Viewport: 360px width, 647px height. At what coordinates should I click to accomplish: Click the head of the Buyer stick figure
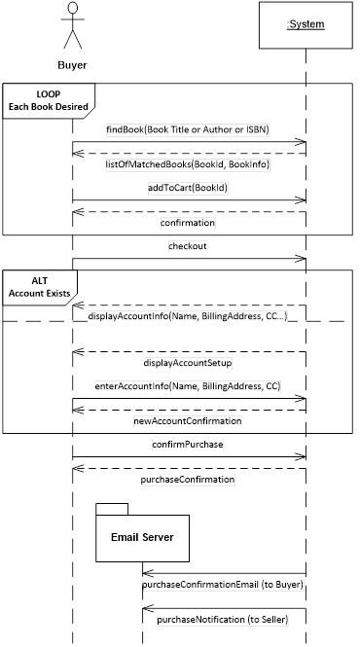click(72, 9)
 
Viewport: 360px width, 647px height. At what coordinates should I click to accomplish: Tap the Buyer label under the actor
click(71, 65)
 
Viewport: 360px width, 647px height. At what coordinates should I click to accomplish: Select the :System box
click(306, 24)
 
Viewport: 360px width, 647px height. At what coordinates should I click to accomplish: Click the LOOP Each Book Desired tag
click(48, 99)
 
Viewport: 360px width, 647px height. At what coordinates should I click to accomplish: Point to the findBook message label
click(188, 128)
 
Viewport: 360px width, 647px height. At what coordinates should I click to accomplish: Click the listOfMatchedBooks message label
click(188, 164)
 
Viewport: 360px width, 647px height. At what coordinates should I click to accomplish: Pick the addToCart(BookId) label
click(188, 187)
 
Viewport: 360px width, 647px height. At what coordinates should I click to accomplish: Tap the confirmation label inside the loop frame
click(188, 223)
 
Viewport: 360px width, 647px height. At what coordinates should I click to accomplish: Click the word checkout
click(188, 246)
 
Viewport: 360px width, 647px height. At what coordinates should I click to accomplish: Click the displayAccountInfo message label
click(188, 316)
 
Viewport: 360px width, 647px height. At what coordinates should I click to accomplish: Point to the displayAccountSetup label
click(188, 363)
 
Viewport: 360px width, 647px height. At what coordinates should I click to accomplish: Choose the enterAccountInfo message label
click(188, 386)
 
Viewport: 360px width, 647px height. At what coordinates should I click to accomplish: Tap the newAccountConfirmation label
click(188, 422)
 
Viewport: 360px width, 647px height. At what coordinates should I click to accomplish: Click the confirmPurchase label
click(188, 445)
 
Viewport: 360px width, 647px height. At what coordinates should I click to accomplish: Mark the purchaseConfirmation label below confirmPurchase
click(188, 480)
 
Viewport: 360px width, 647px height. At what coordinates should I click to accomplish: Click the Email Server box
click(141, 537)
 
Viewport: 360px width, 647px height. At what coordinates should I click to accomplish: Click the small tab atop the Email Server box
click(112, 507)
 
